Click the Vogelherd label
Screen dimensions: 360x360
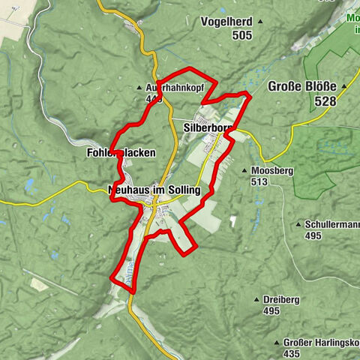226,22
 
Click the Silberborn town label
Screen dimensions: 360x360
208,128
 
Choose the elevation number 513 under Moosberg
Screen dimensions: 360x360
260,181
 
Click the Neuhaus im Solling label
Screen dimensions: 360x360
154,190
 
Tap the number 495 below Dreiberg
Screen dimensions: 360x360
271,310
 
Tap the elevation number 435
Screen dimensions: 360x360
292,353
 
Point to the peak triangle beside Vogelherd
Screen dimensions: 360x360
259,22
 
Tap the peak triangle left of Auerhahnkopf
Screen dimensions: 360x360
140,88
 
